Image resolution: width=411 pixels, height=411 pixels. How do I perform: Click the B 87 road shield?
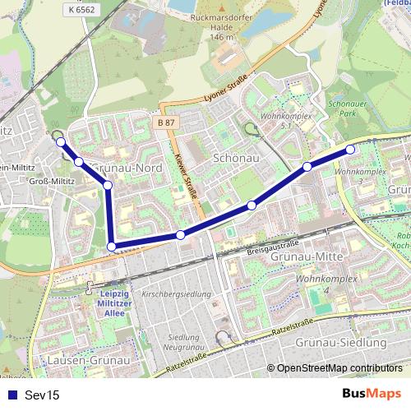166,122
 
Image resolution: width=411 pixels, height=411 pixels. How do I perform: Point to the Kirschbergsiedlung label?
177,293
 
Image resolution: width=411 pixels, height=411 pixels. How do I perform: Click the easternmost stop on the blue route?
350,149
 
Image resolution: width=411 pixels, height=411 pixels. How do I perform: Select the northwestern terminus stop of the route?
60,142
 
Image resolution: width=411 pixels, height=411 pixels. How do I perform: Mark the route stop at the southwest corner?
112,246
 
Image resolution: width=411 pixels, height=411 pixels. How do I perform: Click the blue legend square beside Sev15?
11,395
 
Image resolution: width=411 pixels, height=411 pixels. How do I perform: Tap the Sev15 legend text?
42,395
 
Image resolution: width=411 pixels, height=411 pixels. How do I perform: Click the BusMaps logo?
371,394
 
